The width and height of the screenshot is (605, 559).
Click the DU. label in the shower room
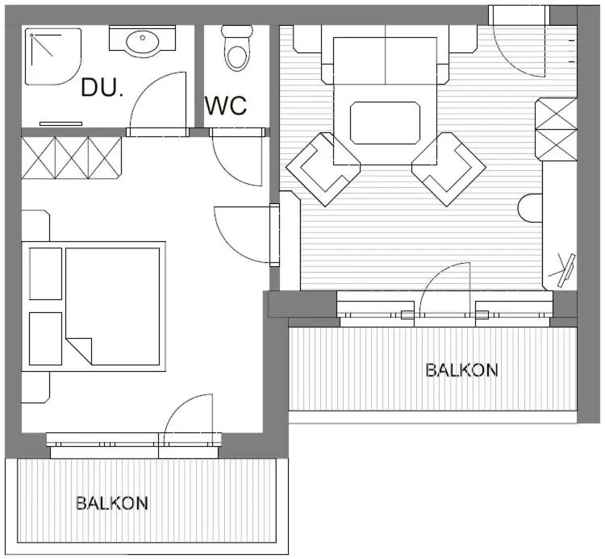(102, 87)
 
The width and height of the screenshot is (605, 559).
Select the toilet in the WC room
(236, 49)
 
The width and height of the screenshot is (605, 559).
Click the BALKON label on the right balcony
(461, 370)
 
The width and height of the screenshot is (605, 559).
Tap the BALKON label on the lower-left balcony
(112, 503)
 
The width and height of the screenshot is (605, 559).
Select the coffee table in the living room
(385, 123)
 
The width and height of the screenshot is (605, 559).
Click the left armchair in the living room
(322, 169)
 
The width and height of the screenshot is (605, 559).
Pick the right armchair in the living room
(449, 169)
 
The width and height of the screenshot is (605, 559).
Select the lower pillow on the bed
(45, 338)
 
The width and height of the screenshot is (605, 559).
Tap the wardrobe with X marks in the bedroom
(71, 157)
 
